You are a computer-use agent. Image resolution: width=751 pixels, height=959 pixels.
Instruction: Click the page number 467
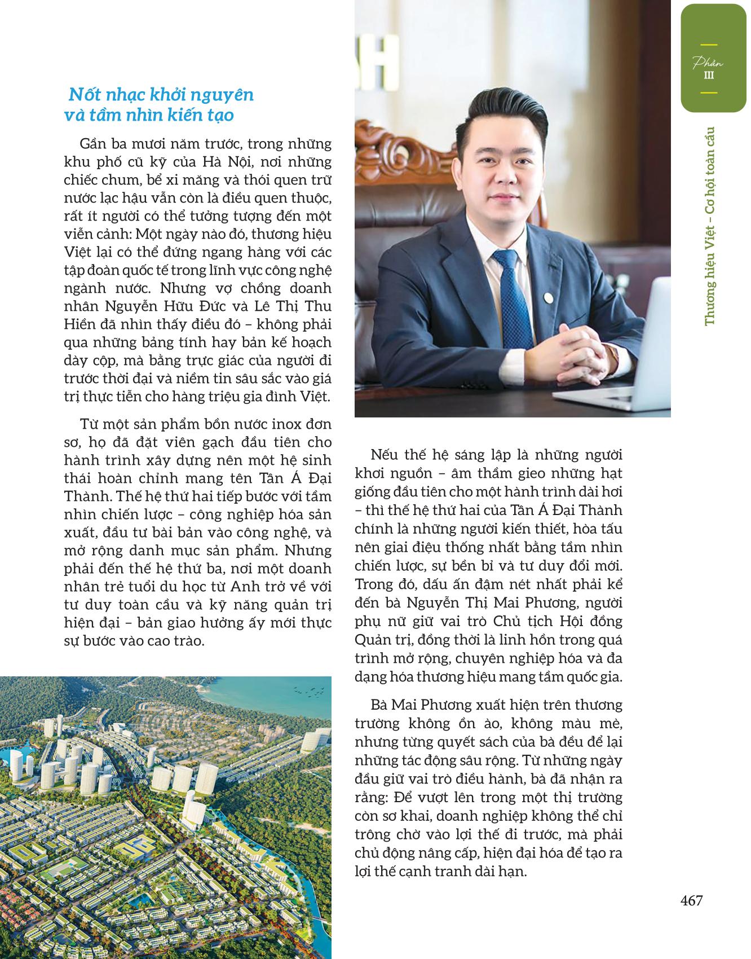(691, 900)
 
